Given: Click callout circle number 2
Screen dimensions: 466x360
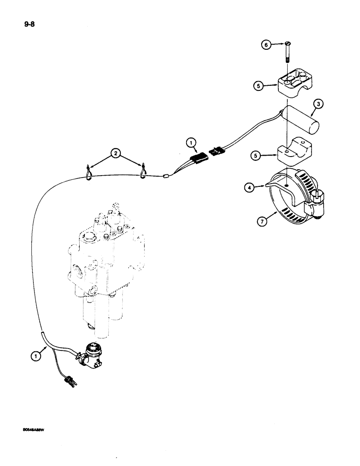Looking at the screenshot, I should coord(114,152).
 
